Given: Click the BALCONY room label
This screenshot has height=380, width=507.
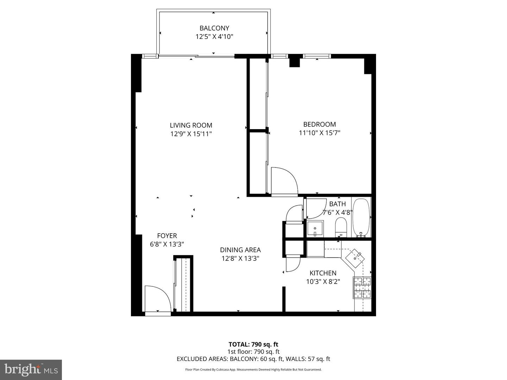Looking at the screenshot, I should coord(214,28).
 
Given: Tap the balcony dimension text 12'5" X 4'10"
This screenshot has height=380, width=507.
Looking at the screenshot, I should coord(214,37).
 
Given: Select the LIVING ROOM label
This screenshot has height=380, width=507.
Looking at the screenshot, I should coord(191,125).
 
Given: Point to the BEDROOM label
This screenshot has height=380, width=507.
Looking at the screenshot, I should coord(319,124).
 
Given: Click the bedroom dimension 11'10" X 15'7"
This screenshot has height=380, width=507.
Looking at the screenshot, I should coord(319,133).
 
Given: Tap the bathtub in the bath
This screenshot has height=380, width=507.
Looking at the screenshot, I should coord(361,217).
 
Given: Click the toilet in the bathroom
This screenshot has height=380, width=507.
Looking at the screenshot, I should coord(341,227).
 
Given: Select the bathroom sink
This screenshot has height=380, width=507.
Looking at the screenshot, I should coord(315,229).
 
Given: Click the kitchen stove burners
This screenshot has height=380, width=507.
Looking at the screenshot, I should coord(362,287).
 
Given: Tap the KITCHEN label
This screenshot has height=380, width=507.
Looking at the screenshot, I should coord(323,273).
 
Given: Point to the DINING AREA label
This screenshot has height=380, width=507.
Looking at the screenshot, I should coord(240,250).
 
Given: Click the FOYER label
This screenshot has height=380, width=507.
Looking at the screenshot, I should coord(167,236).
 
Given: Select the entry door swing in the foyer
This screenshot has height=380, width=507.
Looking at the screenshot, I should coord(157,299).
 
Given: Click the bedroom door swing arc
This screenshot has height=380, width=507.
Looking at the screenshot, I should coord(284,181).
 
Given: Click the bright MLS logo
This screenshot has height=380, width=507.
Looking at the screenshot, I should coord(31,369).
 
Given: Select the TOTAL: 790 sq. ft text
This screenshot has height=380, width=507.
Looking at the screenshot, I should coord(253,344).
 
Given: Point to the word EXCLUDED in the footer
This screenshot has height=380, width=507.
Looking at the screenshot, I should coord(192,359).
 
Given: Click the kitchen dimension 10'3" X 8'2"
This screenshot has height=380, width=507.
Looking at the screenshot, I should coord(323,281).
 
